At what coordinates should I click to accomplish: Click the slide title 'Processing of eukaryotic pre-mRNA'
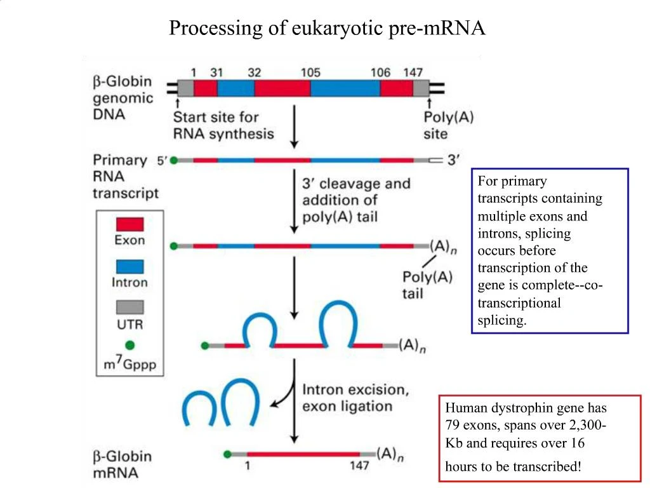[x=327, y=29]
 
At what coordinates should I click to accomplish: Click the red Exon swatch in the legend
[x=129, y=224]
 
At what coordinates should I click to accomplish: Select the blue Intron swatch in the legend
[x=129, y=266]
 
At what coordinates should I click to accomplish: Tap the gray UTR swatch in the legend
[x=129, y=308]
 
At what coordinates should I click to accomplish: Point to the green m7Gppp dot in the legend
[x=130, y=346]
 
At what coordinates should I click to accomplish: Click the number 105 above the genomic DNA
[x=310, y=72]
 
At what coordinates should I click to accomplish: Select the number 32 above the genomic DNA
[x=254, y=72]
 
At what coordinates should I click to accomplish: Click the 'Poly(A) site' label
[x=448, y=125]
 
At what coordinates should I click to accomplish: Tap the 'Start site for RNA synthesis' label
[x=223, y=125]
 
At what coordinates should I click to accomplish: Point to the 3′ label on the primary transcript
[x=453, y=161]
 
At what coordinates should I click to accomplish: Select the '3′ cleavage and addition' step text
[x=356, y=200]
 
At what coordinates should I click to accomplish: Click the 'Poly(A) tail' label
[x=427, y=285]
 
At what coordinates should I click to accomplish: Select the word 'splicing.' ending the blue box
[x=502, y=320]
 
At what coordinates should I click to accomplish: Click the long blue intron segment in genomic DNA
[x=345, y=88]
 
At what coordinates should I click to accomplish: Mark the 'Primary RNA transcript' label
[x=125, y=176]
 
